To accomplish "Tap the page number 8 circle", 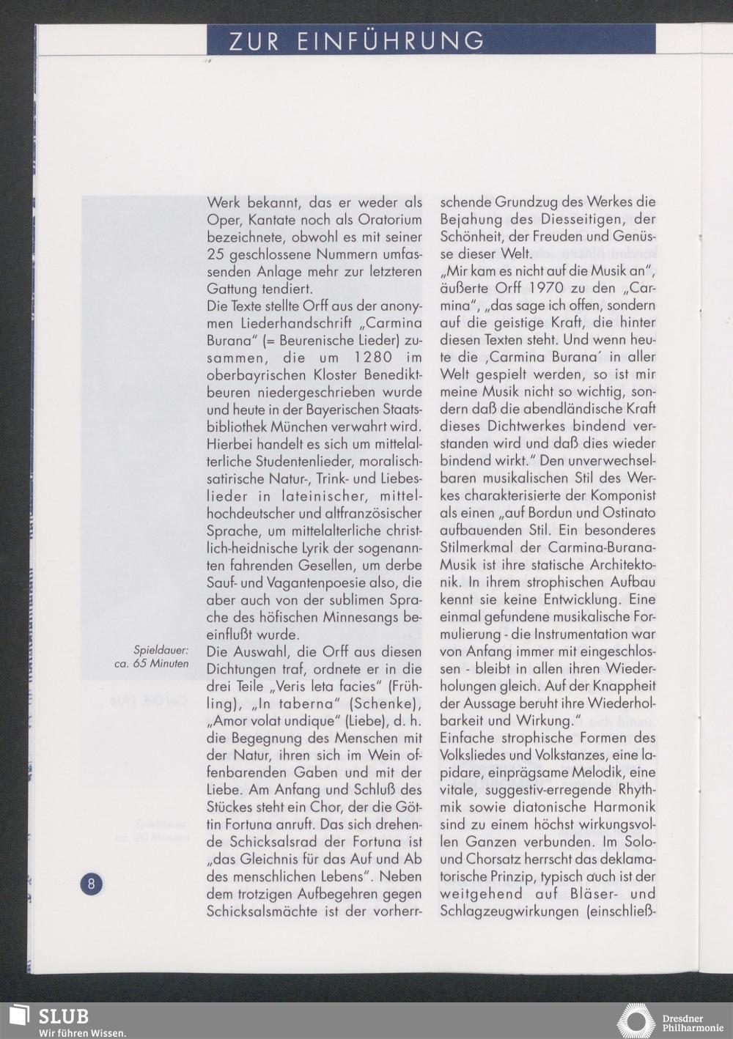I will (92, 883).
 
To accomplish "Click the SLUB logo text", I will (63, 1017).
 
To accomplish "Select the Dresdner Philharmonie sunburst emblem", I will (636, 1021).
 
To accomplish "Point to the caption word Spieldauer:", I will (161, 650).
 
